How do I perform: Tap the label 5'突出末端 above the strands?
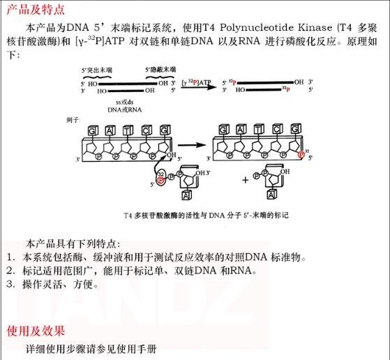coord(97,70)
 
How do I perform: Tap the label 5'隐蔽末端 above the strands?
coord(160,70)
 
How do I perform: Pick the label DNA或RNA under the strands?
coord(124,110)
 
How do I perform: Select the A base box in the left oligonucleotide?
coord(110,130)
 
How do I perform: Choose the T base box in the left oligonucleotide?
coord(128,130)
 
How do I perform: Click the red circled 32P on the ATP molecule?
coord(161,179)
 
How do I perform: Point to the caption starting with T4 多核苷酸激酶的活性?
coord(206,216)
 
